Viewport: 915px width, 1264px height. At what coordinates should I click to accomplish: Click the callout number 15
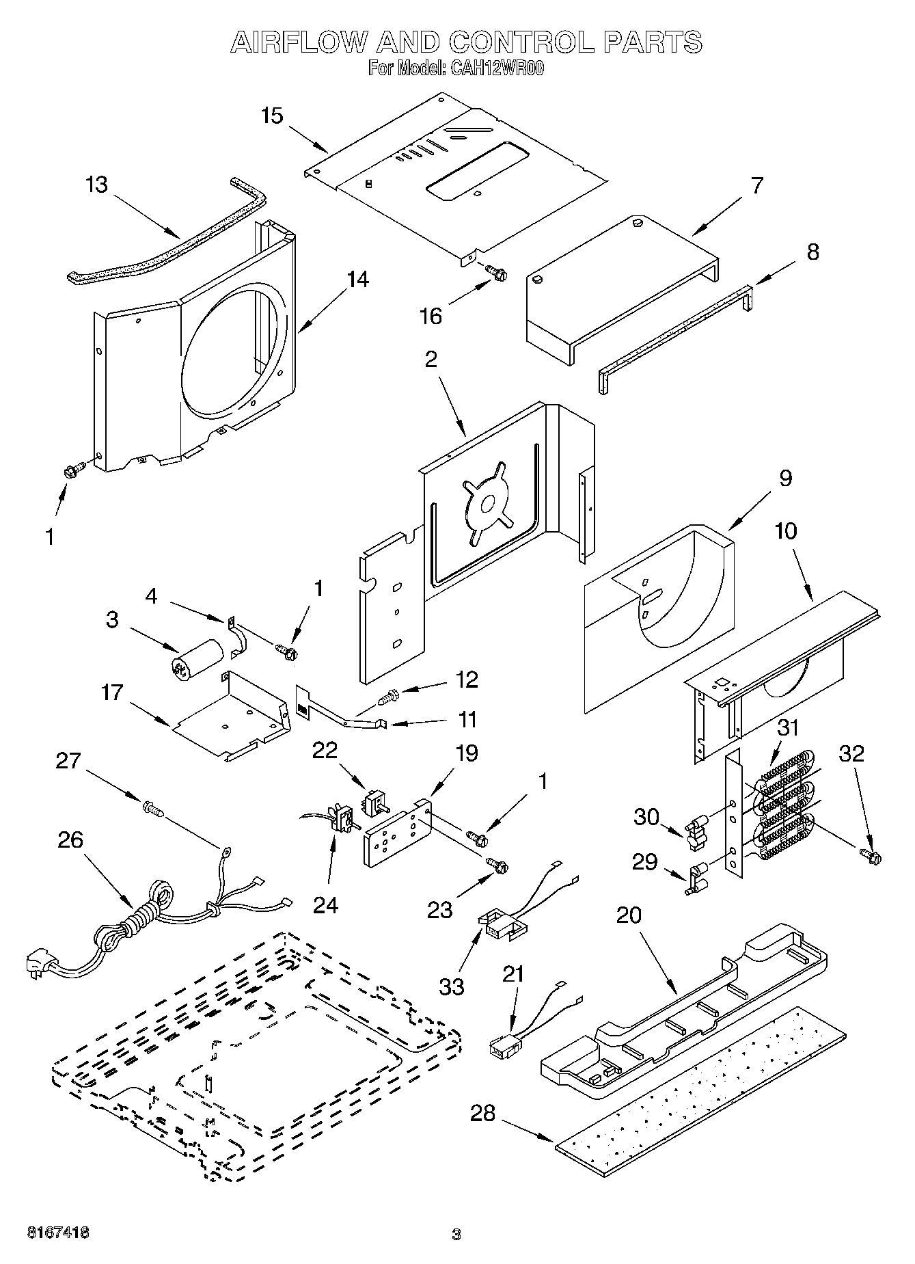pyautogui.click(x=271, y=116)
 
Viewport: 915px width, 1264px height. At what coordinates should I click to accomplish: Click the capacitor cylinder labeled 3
pyautogui.click(x=197, y=658)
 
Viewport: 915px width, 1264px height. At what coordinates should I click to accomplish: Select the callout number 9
pyautogui.click(x=785, y=478)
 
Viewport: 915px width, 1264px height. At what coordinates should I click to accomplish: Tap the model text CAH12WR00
pyautogui.click(x=496, y=68)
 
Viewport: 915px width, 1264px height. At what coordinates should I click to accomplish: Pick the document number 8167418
pyautogui.click(x=57, y=1233)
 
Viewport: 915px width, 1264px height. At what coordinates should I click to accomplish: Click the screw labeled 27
pyautogui.click(x=154, y=809)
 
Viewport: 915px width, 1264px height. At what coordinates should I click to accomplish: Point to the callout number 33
pyautogui.click(x=452, y=986)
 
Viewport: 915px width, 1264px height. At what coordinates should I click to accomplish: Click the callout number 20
pyautogui.click(x=629, y=915)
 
